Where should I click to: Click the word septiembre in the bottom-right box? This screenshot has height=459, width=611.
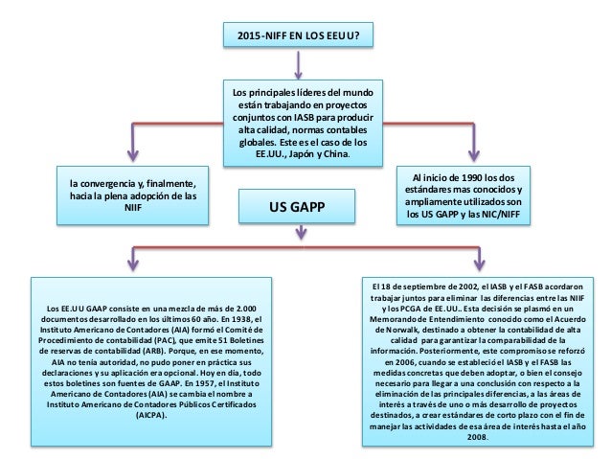pos(419,287)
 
